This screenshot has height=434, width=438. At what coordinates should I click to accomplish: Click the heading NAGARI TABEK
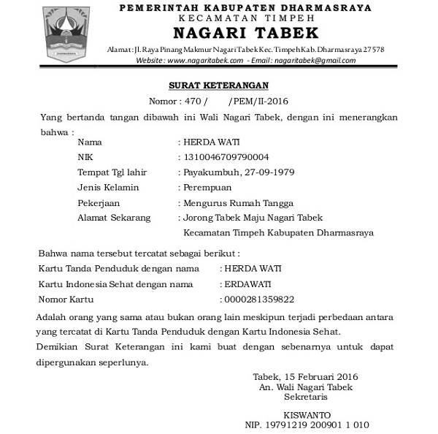[245, 33]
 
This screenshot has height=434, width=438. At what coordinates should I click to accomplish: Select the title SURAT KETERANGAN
[218, 85]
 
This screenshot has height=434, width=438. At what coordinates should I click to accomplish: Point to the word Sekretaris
[306, 397]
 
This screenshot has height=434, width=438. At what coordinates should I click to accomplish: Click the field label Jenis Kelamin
[107, 188]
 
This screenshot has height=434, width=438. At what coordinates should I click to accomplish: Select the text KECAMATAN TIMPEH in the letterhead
[245, 18]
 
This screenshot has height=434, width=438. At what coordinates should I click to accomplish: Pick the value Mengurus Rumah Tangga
[238, 203]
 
